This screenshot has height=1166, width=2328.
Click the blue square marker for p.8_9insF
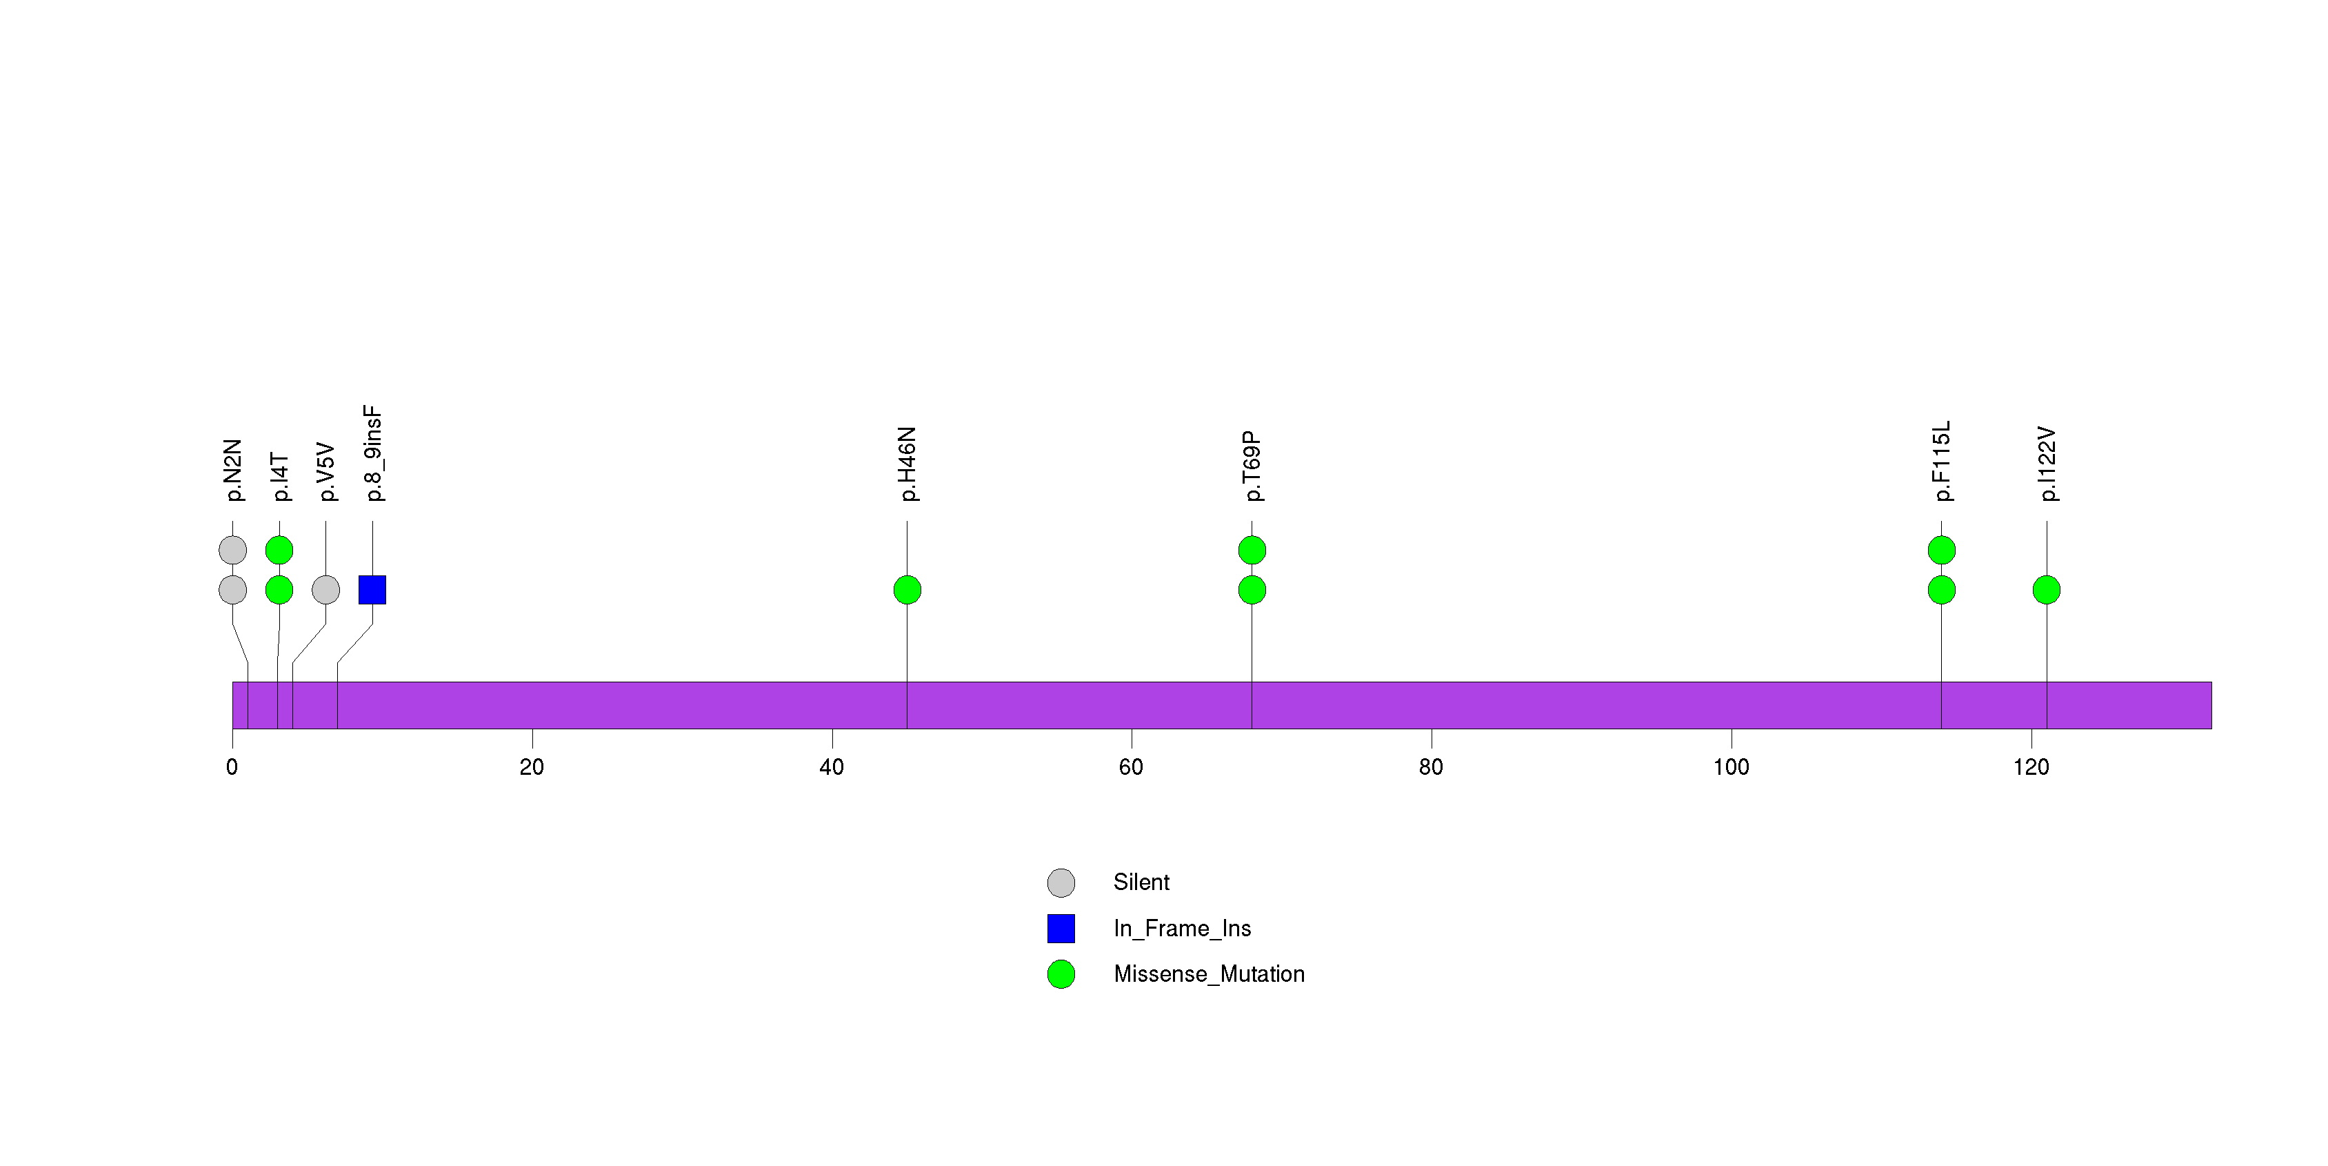372,590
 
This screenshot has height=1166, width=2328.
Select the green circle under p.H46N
907,590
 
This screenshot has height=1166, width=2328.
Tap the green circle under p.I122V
2047,590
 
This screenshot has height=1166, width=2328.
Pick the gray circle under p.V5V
326,590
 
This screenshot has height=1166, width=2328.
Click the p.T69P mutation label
1252,466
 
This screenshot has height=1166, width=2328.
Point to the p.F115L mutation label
1942,461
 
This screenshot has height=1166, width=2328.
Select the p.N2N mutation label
233,470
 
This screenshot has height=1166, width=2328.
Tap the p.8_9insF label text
373,454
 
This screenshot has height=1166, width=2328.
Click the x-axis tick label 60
1132,767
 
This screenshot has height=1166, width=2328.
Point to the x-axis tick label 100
1732,767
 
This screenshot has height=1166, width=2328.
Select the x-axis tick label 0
232,767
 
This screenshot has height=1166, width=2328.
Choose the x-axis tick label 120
2031,767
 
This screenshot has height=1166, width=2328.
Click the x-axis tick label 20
532,767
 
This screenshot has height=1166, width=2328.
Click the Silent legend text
1141,882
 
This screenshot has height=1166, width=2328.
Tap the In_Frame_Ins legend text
1182,928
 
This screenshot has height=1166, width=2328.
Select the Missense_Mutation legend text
1210,974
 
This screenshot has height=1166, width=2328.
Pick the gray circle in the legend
1061,883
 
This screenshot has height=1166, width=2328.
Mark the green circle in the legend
1061,974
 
